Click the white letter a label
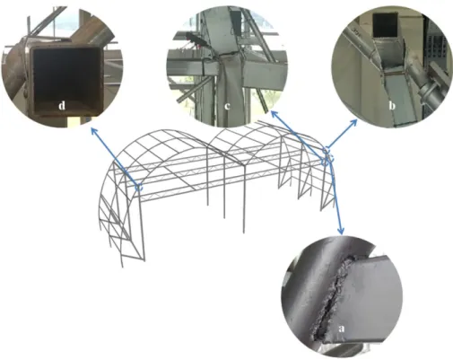[341, 329]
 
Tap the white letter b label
[392, 106]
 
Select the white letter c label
[227, 106]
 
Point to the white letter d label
[62, 106]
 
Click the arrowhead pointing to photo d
[93, 130]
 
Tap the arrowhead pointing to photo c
[274, 114]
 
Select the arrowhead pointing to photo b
[354, 122]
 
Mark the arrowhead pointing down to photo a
[341, 232]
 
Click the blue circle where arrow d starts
[139, 187]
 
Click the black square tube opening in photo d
[66, 79]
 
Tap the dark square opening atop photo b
[385, 25]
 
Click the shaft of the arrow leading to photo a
[335, 196]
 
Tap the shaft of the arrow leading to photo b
[340, 136]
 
